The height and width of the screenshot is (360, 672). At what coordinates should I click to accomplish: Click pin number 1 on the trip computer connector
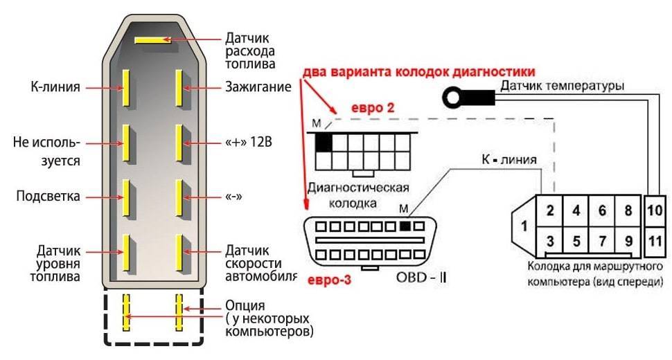coord(524,226)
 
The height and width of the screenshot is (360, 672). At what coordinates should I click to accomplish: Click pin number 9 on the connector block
coord(628,242)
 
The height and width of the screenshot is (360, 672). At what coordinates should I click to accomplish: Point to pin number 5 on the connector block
coord(576,242)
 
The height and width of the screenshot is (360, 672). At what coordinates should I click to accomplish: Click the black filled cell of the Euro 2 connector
coord(324,142)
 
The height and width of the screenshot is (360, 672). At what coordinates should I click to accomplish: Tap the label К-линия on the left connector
coord(56,88)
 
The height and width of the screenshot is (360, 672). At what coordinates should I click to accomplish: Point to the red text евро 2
coord(371,107)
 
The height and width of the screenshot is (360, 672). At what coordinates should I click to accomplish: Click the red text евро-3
coord(325,280)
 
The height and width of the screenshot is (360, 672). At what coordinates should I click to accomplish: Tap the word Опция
coord(245,305)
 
